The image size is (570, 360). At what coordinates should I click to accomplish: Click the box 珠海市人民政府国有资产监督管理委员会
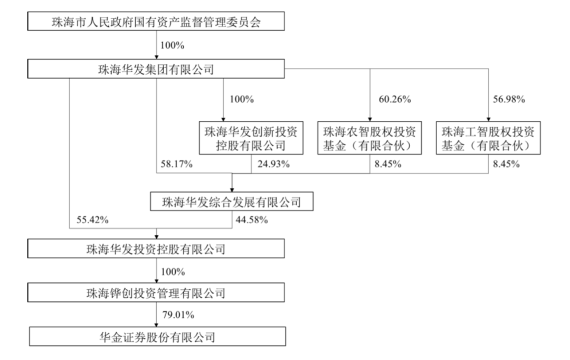pyautogui.click(x=156, y=21)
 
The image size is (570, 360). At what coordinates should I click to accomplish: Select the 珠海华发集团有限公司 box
pyautogui.click(x=156, y=69)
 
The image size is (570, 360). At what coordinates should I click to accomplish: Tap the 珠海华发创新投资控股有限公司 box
pyautogui.click(x=251, y=138)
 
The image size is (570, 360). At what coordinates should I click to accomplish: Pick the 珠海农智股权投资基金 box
pyautogui.click(x=369, y=138)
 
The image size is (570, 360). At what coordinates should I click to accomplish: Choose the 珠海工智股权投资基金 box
pyautogui.click(x=488, y=138)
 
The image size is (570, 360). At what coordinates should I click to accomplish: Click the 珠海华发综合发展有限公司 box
pyautogui.click(x=232, y=202)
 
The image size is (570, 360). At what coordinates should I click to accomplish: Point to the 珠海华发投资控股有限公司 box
pyautogui.click(x=156, y=249)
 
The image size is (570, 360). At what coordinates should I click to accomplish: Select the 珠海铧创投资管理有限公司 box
pyautogui.click(x=156, y=293)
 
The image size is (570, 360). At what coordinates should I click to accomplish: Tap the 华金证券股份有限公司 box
pyautogui.click(x=157, y=336)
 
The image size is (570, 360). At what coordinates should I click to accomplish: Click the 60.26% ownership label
pyautogui.click(x=395, y=99)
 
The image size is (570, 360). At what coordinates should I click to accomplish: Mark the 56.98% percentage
pyautogui.click(x=509, y=99)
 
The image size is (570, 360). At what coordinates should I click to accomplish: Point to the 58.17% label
pyautogui.click(x=177, y=164)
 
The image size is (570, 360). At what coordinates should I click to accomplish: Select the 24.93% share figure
pyautogui.click(x=274, y=164)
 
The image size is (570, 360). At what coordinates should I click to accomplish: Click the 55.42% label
pyautogui.click(x=92, y=220)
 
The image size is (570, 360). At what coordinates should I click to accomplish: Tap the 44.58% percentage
pyautogui.click(x=252, y=220)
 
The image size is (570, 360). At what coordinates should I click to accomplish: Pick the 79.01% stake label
pyautogui.click(x=178, y=315)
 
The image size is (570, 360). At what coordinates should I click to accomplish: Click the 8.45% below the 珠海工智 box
pyautogui.click(x=506, y=164)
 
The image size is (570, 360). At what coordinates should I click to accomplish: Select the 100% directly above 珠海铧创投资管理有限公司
pyautogui.click(x=173, y=272)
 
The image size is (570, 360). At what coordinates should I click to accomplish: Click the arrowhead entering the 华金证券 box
pyautogui.click(x=157, y=324)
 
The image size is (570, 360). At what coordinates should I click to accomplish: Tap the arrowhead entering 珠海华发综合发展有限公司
pyautogui.click(x=232, y=190)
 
